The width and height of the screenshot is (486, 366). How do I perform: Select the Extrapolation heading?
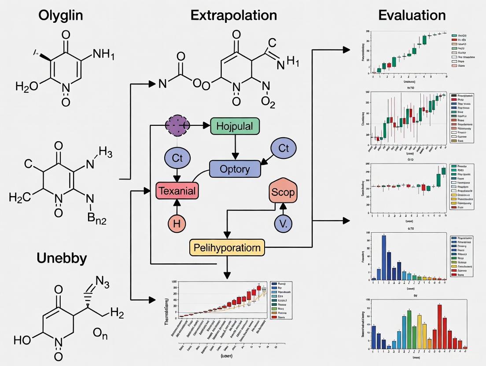tap(234, 15)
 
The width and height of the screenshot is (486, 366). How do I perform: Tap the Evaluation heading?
tap(412, 15)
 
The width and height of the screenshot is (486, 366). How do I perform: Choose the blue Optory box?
tap(235, 169)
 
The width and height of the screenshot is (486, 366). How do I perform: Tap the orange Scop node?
tap(283, 192)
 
